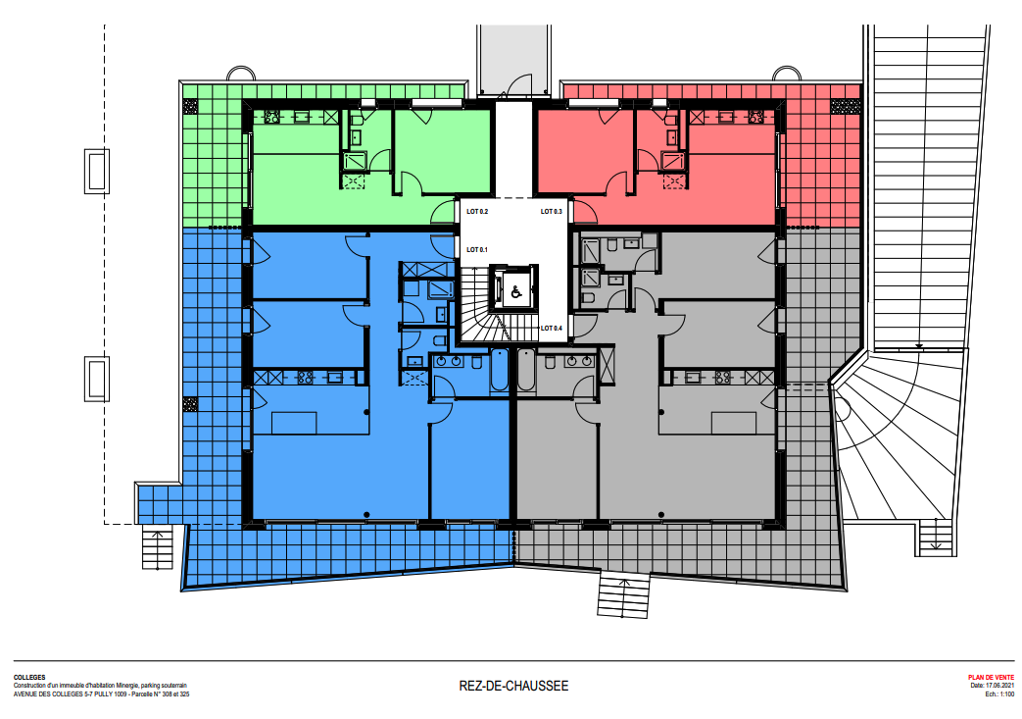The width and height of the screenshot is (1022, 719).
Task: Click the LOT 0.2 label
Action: pyautogui.click(x=477, y=212)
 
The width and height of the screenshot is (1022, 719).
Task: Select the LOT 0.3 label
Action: pyautogui.click(x=552, y=212)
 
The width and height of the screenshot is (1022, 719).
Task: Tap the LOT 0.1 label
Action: pyautogui.click(x=477, y=250)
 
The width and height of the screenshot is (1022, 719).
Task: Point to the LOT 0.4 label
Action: pyautogui.click(x=552, y=329)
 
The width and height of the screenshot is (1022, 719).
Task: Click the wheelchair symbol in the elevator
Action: pyautogui.click(x=516, y=292)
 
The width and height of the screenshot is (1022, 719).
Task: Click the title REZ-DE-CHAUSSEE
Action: pyautogui.click(x=513, y=687)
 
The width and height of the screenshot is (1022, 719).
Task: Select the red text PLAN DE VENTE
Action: pyautogui.click(x=992, y=678)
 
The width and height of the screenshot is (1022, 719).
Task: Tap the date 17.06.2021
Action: pyautogui.click(x=1000, y=686)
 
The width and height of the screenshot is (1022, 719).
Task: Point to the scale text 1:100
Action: pyautogui.click(x=1007, y=694)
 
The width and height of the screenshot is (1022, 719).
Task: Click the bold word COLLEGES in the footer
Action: pyautogui.click(x=29, y=678)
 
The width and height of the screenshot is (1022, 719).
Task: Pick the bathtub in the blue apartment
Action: pyautogui.click(x=500, y=371)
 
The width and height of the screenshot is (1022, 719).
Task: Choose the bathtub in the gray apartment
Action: pyautogui.click(x=526, y=371)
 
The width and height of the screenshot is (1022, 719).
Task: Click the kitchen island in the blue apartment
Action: pyautogui.click(x=294, y=423)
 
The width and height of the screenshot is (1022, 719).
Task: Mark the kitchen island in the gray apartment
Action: pyautogui.click(x=734, y=423)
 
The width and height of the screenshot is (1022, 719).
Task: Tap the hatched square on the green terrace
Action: pyautogui.click(x=190, y=106)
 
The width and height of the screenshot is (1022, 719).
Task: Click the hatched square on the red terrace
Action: pyautogui.click(x=846, y=106)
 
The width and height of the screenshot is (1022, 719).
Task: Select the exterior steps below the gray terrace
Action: pyautogui.click(x=624, y=593)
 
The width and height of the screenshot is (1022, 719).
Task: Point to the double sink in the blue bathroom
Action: pyautogui.click(x=449, y=361)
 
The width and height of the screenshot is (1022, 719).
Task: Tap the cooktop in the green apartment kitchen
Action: pyautogui.click(x=271, y=118)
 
